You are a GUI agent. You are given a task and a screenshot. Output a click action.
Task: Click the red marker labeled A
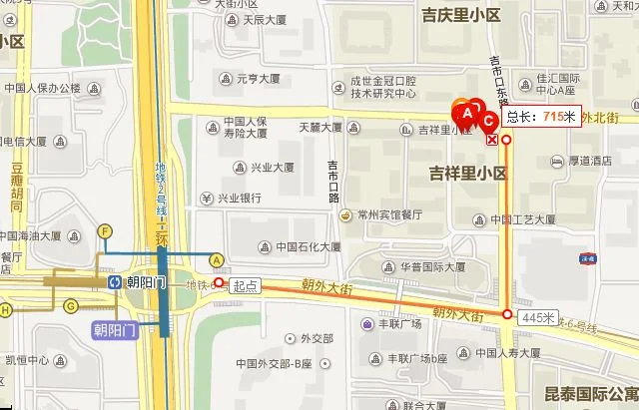click(x=466, y=113)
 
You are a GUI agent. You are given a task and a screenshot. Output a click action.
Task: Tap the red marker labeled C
click(x=488, y=123)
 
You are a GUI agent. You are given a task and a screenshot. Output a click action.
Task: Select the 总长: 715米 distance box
click(x=540, y=117)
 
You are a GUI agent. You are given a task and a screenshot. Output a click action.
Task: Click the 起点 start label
click(x=245, y=285)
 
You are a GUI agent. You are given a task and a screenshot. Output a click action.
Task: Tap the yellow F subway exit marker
click(x=104, y=231)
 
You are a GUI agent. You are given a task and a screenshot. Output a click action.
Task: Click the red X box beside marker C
click(x=491, y=140)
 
